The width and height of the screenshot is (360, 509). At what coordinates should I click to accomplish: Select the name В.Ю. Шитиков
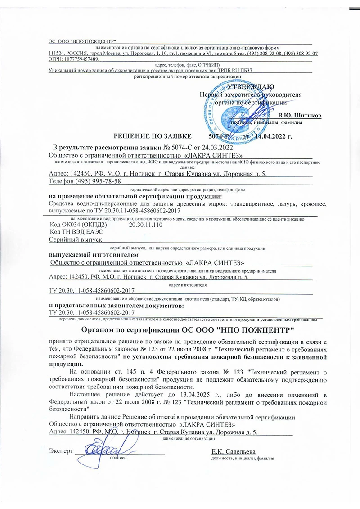coord(300,116)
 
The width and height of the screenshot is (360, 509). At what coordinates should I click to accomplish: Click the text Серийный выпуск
coord(76,240)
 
